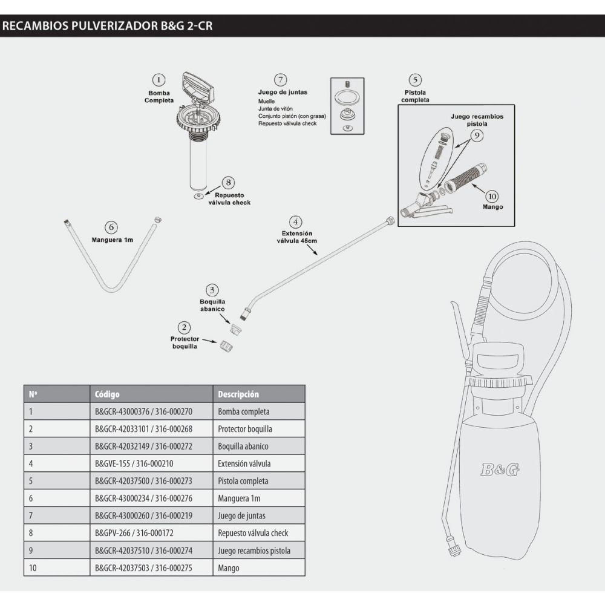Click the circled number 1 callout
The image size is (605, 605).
coord(159,80)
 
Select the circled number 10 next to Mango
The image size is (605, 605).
coord(491,196)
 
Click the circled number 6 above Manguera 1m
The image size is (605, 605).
coord(110,227)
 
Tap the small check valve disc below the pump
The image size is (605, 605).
coord(198,197)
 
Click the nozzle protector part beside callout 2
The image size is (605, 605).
coord(227,345)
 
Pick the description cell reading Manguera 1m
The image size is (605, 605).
coord(239,499)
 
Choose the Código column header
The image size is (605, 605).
coord(108,394)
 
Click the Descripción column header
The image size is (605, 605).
coord(238,394)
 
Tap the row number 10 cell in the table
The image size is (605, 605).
coord(33,568)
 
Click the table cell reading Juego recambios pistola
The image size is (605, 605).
coord(254,551)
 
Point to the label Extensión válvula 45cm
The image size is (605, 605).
coord(296,237)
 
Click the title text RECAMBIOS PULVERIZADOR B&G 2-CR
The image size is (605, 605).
coord(107,26)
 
